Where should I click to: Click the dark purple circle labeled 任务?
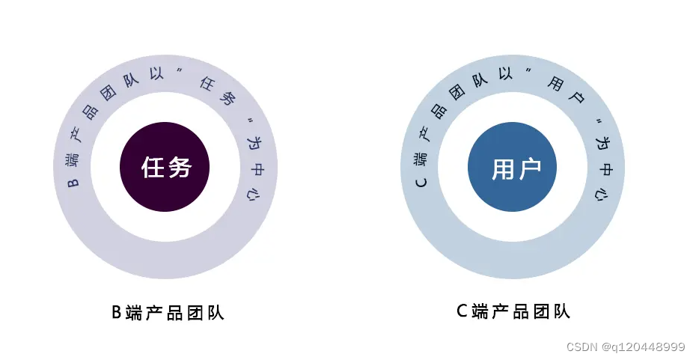[165, 167]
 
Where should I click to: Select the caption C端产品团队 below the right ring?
[513, 311]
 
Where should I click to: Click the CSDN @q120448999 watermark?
[626, 347]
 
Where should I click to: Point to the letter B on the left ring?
[73, 182]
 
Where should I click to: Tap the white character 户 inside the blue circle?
[527, 168]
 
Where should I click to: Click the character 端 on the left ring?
[72, 160]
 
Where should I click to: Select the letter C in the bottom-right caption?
[462, 311]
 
